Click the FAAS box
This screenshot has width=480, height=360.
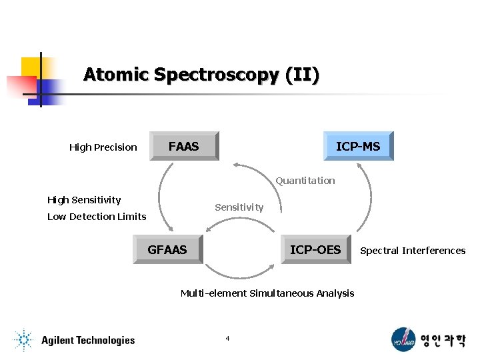pyautogui.click(x=184, y=147)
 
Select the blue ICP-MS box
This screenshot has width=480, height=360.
pyautogui.click(x=358, y=147)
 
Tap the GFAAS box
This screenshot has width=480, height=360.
pyautogui.click(x=167, y=250)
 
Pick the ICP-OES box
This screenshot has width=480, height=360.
pyautogui.click(x=315, y=250)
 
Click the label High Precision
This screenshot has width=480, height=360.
pyautogui.click(x=103, y=147)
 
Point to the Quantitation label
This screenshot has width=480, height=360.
pyautogui.click(x=305, y=181)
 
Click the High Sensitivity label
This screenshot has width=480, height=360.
pyautogui.click(x=84, y=200)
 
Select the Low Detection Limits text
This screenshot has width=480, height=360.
pyautogui.click(x=97, y=217)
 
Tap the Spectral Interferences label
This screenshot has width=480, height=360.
pyautogui.click(x=413, y=251)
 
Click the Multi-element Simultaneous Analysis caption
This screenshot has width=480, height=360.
pyautogui.click(x=267, y=293)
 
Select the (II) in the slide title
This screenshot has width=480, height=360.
pyautogui.click(x=301, y=74)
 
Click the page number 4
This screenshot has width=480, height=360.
pyautogui.click(x=227, y=339)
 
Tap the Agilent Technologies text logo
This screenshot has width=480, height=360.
pyautogui.click(x=88, y=341)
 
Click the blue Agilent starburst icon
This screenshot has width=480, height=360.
pyautogui.click(x=23, y=341)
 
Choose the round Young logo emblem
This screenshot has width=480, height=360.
pyautogui.click(x=403, y=339)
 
